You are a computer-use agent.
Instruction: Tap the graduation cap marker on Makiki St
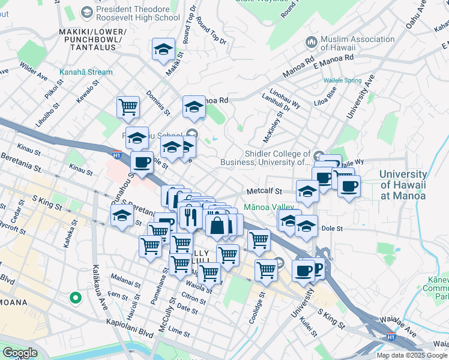163,50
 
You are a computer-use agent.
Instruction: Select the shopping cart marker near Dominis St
128,107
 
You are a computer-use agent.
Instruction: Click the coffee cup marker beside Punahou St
142,162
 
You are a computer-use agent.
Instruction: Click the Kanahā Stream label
86,72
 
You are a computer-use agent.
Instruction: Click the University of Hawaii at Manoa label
402,185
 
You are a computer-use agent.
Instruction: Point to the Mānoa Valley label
269,207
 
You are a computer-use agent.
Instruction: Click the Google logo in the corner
19,353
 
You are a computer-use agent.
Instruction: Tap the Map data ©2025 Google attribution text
412,355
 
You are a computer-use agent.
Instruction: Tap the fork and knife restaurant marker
190,216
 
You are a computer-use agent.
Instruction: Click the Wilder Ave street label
33,70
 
